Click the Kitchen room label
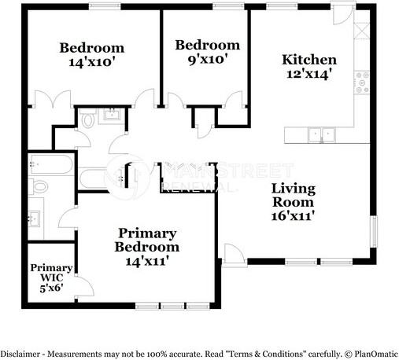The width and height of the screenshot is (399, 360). tap(309, 60)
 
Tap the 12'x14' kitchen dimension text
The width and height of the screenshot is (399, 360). tap(308, 75)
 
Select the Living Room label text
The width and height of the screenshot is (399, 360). tap(294, 196)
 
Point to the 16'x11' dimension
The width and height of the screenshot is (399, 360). tap(293, 216)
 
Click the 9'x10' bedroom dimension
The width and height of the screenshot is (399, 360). tap(207, 59)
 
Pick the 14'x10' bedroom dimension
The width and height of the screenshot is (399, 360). tap(92, 62)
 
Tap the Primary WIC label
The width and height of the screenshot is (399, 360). tap(51, 273)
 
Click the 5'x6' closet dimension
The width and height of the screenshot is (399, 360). tap(51, 288)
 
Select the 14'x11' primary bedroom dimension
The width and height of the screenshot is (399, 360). tap(147, 261)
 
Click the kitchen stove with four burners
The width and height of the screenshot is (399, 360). tap(362, 83)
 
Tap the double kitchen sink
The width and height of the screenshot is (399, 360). tap(322, 134)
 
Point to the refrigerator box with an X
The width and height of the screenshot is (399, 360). tap(362, 31)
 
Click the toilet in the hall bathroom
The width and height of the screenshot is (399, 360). tap(87, 119)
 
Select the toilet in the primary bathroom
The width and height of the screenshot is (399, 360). tap(39, 186)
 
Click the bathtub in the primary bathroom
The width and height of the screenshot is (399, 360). tap(51, 164)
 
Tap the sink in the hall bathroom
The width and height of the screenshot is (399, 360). tap(113, 115)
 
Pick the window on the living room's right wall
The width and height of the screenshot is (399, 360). tap(373, 231)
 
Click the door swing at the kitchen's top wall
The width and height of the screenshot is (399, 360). tap(343, 15)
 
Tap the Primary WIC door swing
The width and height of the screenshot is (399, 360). tap(84, 286)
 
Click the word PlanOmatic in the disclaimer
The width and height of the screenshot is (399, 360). tap(376, 354)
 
